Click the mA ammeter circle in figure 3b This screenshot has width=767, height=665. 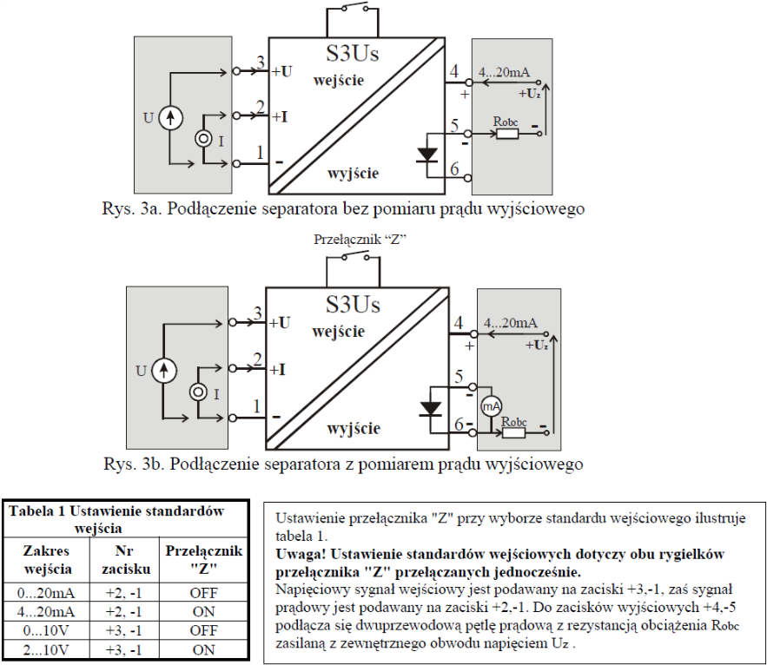click(x=491, y=406)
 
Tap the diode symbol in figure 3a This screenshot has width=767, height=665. click(x=427, y=155)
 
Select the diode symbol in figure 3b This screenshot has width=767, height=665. click(x=431, y=409)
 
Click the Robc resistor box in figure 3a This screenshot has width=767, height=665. click(x=507, y=133)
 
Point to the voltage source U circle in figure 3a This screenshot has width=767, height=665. click(x=171, y=118)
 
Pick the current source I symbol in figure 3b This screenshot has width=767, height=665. click(x=199, y=392)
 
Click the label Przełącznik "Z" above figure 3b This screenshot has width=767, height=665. click(x=360, y=240)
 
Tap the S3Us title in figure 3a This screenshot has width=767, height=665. click(x=352, y=53)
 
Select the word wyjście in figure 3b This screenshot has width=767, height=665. click(x=354, y=428)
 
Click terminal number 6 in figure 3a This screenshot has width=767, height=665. click(x=455, y=168)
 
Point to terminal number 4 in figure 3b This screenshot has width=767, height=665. click(x=459, y=323)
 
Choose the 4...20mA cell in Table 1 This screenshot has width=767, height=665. click(x=46, y=612)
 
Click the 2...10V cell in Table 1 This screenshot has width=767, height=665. click(x=46, y=650)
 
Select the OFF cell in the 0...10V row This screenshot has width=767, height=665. click(x=203, y=631)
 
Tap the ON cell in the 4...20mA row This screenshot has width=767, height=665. click(x=203, y=612)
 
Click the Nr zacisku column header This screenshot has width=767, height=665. click(x=125, y=560)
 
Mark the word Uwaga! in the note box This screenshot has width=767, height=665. click(x=300, y=554)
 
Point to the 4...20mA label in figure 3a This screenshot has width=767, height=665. click(x=504, y=72)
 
